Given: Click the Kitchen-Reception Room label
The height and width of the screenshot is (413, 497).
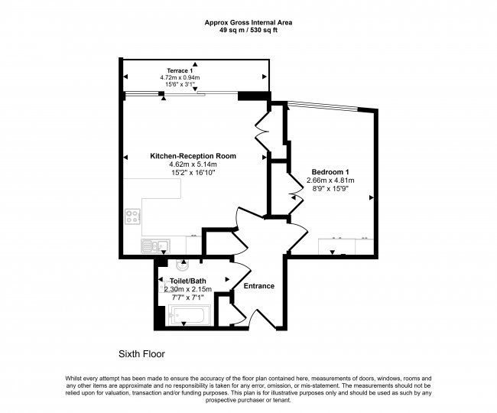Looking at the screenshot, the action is coord(193,156).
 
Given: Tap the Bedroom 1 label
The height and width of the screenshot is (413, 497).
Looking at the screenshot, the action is coord(330,172).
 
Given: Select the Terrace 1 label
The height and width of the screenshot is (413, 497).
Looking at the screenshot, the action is coord(180,70).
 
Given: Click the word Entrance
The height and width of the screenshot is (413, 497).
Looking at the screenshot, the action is coord(259,286).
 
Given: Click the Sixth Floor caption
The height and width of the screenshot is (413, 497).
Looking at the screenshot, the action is coord(141,354).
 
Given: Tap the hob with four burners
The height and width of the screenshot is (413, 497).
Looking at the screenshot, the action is coord(133,216).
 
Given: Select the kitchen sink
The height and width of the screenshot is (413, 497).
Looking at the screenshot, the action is coord(155,246).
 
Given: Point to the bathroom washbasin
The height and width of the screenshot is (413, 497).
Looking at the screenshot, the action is coord(182,265).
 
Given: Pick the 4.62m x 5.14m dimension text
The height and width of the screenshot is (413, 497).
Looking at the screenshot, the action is coord(193,164).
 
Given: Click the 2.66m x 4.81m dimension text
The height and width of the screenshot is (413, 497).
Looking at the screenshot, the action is coord(330,180).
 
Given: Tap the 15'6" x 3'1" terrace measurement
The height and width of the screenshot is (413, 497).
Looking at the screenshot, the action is coord(180,84).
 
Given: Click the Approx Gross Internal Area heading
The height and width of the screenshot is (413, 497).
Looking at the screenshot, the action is coord(248,22).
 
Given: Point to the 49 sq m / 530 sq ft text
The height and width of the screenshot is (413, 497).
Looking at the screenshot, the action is coord(248,31).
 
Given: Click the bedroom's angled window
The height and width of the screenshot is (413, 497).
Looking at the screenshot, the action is coord(323,106).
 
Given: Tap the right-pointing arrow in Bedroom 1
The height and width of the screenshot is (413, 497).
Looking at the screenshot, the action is coord(372,198).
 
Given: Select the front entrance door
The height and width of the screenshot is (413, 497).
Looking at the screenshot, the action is coord(263,319).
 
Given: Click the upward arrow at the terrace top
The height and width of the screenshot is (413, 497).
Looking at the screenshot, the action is coord(195,64).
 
